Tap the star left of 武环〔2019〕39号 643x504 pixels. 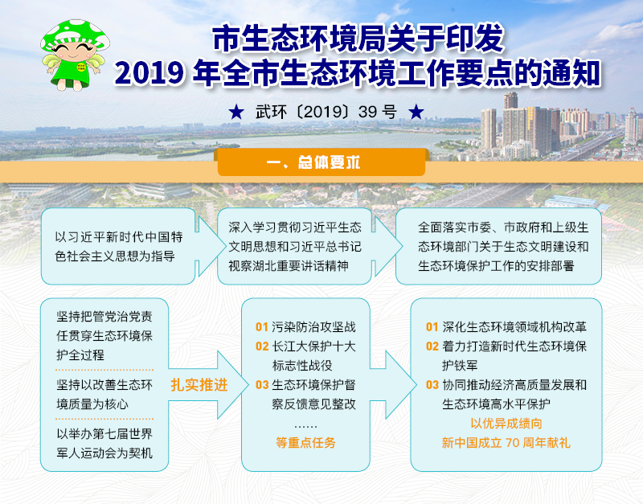[x=236, y=112]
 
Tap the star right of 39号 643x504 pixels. [x=416, y=112]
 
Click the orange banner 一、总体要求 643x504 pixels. [x=321, y=162]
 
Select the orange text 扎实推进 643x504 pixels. [x=199, y=385]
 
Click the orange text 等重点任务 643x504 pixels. [x=305, y=442]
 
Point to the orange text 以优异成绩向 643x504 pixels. [x=506, y=423]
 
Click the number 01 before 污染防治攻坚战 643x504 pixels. [x=262, y=327]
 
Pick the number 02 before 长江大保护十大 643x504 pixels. [x=262, y=346]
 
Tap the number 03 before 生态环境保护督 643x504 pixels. [x=262, y=385]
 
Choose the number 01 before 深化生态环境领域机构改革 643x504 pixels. [x=432, y=327]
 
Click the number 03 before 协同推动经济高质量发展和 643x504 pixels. [x=432, y=385]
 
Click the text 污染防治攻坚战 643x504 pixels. [x=313, y=327]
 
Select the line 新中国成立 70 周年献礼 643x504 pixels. [x=506, y=442]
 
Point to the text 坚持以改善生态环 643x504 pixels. [x=104, y=385]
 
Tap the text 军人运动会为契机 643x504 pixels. [x=104, y=453]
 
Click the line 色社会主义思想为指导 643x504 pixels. [x=115, y=256]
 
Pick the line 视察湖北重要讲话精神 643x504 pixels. [x=289, y=266]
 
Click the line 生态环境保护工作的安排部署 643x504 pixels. [x=496, y=266]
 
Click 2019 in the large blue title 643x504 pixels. [x=149, y=73]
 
